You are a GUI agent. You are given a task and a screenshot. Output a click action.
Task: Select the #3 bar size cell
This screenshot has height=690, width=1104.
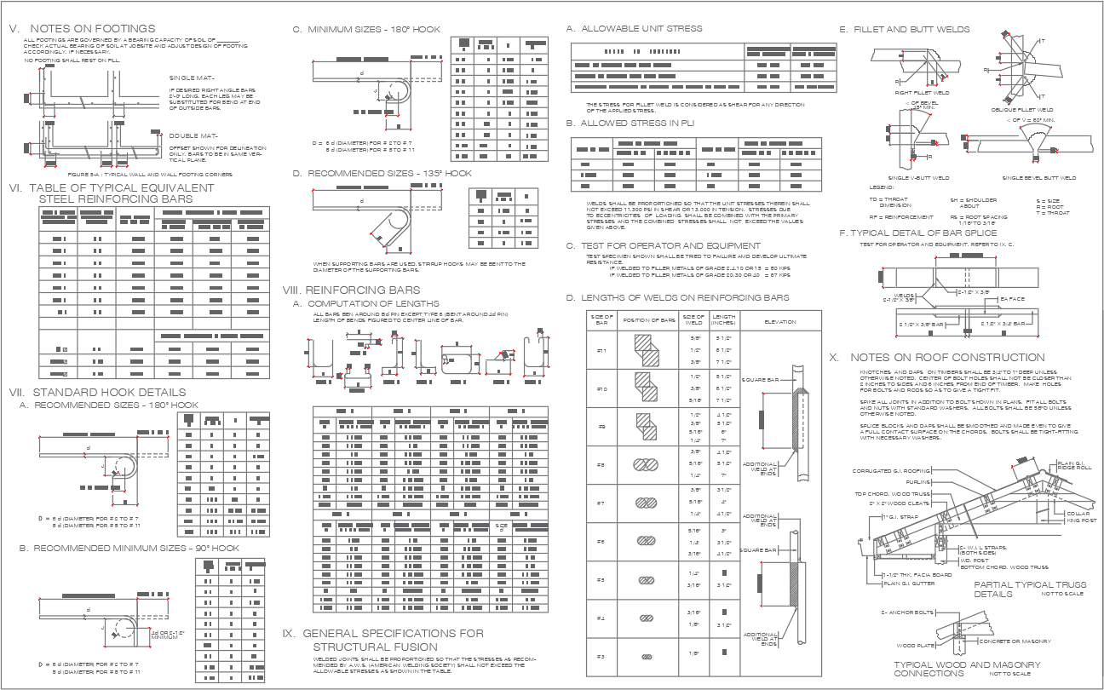click(x=600, y=656)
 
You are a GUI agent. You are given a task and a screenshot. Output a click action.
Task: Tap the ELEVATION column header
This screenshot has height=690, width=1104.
click(x=780, y=321)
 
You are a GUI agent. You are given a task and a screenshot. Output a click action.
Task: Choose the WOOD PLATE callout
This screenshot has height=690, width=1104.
click(x=913, y=646)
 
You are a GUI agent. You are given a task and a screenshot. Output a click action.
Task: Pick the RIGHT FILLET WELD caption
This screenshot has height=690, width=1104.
click(x=922, y=92)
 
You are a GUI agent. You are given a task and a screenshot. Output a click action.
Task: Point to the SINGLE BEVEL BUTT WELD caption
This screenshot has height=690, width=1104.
click(x=1038, y=178)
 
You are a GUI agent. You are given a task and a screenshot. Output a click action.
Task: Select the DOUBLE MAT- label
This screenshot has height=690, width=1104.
click(x=194, y=135)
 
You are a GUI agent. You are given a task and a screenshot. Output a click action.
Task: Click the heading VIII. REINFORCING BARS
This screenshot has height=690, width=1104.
click(x=351, y=290)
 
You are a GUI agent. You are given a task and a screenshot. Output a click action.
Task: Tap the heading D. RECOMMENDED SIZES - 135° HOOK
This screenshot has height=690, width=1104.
click(x=382, y=173)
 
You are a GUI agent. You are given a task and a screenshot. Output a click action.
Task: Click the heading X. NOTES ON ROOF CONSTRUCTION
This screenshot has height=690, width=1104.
click(x=937, y=358)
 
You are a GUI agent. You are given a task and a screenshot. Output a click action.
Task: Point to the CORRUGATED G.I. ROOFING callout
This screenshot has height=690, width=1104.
click(x=891, y=470)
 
